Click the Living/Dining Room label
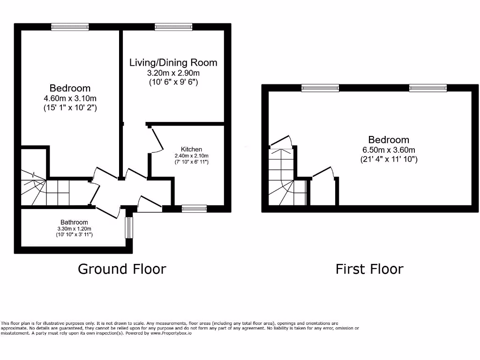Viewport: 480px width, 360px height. [x=173, y=62]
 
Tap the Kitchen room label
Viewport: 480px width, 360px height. [x=191, y=149]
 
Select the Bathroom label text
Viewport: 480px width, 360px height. [x=74, y=222]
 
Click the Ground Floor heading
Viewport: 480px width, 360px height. [x=121, y=269]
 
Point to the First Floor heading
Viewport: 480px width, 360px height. [x=369, y=269]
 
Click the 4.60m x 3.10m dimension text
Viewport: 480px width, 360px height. [x=70, y=98]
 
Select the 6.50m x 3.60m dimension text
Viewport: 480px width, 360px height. [x=388, y=150]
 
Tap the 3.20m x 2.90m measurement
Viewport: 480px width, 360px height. [x=173, y=73]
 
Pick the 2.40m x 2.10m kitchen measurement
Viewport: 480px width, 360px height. [x=191, y=156]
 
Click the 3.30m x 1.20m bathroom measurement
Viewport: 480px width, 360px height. [x=74, y=228]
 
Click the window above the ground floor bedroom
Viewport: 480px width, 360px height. [x=70, y=27]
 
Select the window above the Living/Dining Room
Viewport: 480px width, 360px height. [x=173, y=27]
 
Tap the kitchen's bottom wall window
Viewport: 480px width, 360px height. [x=194, y=209]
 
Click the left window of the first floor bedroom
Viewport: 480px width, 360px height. [x=320, y=88]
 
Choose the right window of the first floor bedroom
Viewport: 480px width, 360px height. [x=427, y=88]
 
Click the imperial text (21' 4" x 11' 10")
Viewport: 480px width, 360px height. [x=388, y=159]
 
